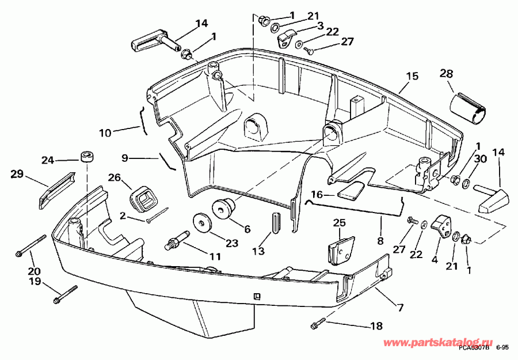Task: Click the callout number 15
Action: point(412,76)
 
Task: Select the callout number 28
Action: point(446,74)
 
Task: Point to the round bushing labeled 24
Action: point(87,157)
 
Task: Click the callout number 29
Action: point(17,172)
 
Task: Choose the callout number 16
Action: point(317,195)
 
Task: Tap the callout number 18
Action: point(375,327)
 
